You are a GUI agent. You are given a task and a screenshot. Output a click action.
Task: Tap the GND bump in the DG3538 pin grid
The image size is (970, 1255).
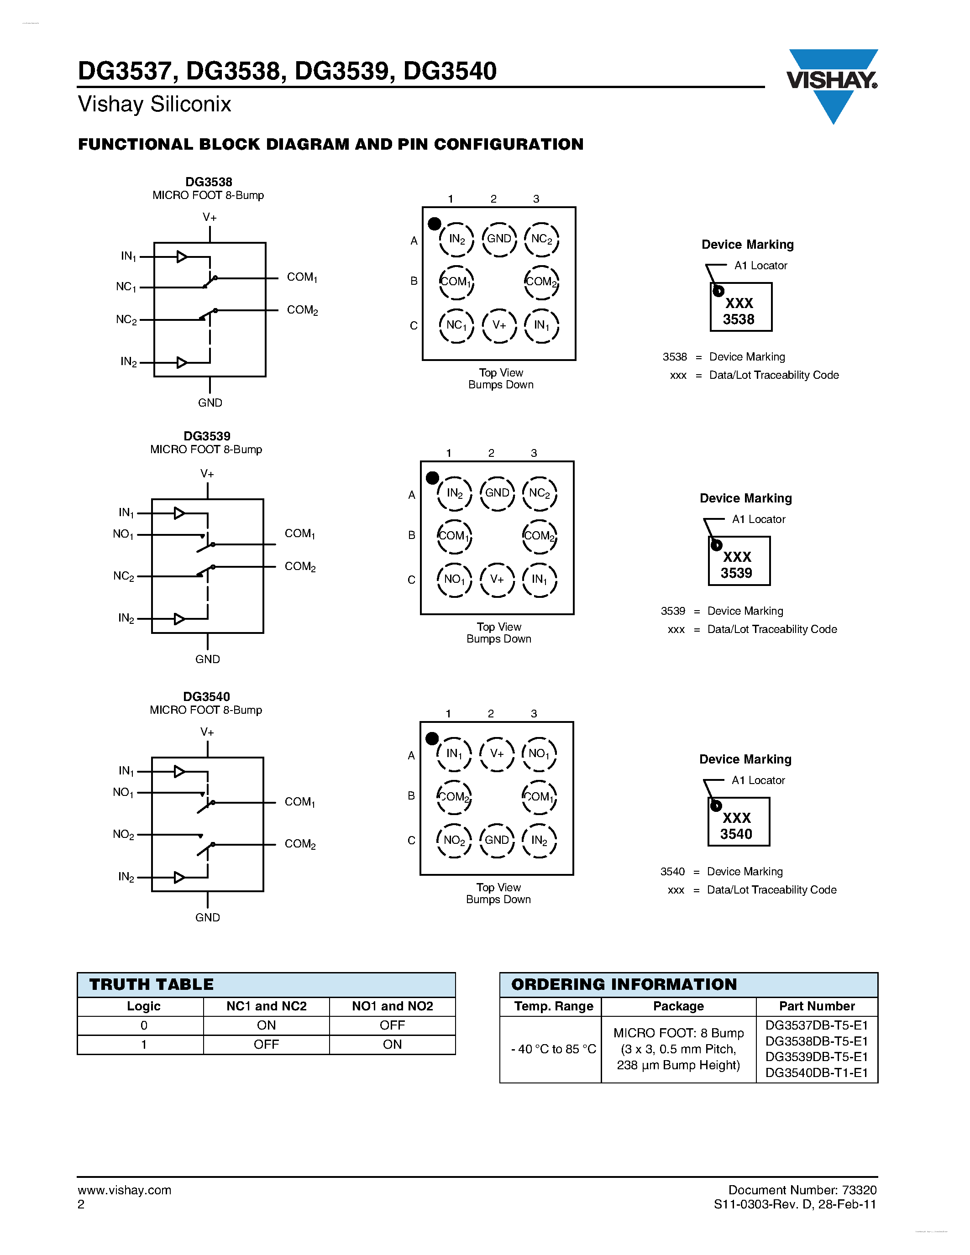coord(499,239)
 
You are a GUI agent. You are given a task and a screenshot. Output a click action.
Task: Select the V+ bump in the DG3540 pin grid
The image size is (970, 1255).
coord(497,753)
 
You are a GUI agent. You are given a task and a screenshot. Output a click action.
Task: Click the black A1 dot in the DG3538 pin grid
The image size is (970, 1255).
coord(435,224)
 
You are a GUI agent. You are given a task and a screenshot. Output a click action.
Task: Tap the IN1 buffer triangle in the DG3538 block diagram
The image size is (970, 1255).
coord(182,257)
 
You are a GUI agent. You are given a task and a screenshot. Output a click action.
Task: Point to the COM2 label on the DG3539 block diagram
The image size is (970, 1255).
coord(300,567)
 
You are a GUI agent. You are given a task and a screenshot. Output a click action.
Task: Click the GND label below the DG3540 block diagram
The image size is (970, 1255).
coord(207,918)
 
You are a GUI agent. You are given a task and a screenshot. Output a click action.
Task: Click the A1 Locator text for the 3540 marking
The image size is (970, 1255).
coord(758,780)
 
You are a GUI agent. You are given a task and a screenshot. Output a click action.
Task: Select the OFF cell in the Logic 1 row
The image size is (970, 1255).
coord(266,1045)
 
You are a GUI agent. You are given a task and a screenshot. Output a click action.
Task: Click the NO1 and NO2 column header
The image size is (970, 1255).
coord(392,1006)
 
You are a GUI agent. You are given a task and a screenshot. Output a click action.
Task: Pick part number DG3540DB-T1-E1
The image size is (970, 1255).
coord(817,1073)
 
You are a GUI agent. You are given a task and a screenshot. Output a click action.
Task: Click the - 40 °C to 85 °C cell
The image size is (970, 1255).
coord(553,1049)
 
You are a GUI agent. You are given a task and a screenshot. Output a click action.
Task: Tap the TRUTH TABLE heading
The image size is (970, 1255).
coord(151,984)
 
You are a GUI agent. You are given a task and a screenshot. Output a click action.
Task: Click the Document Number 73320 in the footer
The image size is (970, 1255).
coord(802,1190)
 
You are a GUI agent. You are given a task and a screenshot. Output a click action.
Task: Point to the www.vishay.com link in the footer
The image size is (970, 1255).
coord(124,1190)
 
